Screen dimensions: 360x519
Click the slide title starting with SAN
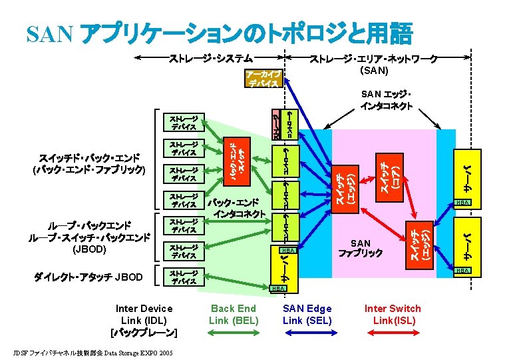tap(220, 32)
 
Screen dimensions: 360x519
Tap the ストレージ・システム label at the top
tap(210, 58)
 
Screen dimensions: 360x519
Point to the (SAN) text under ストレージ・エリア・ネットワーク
tap(374, 69)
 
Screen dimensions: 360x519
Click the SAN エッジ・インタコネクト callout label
tap(386, 99)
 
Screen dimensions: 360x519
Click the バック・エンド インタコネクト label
tap(238, 207)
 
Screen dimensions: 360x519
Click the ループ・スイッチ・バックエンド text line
tap(89, 237)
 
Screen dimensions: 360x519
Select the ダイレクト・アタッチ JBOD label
tap(87, 275)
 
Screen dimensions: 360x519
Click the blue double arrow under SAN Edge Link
tap(306, 339)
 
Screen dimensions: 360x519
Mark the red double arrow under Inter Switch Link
tap(392, 339)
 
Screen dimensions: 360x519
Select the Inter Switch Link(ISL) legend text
tap(392, 314)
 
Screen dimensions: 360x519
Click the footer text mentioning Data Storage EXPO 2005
tap(93, 352)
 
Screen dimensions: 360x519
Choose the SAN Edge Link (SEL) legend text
tap(307, 314)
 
